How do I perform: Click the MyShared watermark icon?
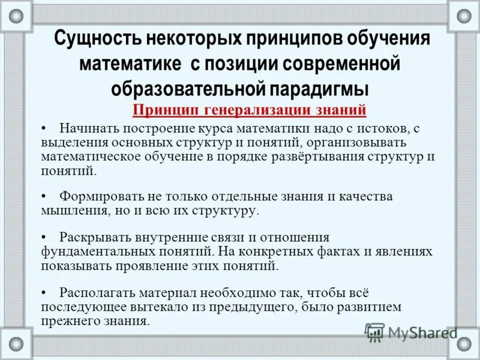[374, 332]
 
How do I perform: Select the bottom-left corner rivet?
[16, 344]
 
